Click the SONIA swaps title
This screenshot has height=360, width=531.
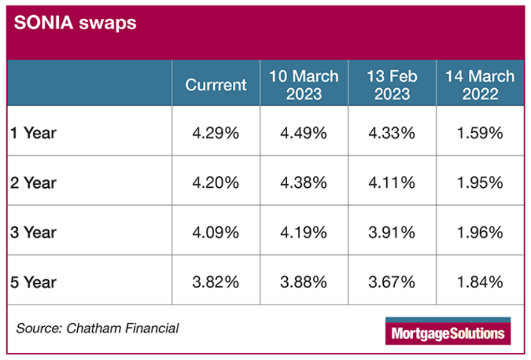(x=75, y=23)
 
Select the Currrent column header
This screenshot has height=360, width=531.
(x=216, y=85)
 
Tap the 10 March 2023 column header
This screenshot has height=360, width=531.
(x=303, y=85)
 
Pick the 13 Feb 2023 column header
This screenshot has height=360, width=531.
(x=392, y=85)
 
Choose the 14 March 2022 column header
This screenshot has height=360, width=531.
(x=480, y=85)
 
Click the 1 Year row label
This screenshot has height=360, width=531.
(x=33, y=133)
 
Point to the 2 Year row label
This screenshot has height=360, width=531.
(x=33, y=183)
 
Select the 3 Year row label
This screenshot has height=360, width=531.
(x=33, y=232)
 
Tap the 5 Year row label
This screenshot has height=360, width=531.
(x=33, y=282)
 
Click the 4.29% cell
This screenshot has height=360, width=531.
(x=216, y=133)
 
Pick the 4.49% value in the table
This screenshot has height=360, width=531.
(x=303, y=133)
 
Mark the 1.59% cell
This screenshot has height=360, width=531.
(x=480, y=133)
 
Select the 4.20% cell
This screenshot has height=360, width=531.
(x=216, y=183)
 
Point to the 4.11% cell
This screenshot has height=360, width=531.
(x=392, y=183)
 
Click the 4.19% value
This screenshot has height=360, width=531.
(x=303, y=232)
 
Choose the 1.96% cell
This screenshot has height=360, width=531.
(x=480, y=232)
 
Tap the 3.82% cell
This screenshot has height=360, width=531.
(x=216, y=282)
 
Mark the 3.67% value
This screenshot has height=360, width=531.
(x=392, y=282)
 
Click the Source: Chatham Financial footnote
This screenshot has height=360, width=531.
(x=97, y=328)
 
